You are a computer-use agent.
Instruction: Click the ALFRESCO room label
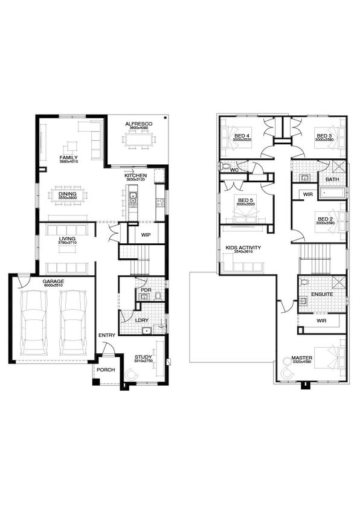(138, 124)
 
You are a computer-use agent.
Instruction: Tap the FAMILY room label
(68, 158)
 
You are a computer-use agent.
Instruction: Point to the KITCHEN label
(136, 175)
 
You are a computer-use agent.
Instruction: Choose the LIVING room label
(67, 239)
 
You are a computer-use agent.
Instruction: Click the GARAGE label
(53, 281)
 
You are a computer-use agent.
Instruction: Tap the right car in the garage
(74, 323)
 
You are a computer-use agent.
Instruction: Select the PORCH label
(106, 370)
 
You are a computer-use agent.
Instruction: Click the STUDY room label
(143, 357)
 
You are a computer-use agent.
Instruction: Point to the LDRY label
(143, 319)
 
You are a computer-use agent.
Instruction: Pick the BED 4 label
(242, 136)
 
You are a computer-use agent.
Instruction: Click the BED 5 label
(245, 200)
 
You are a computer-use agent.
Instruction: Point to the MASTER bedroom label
(302, 358)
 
